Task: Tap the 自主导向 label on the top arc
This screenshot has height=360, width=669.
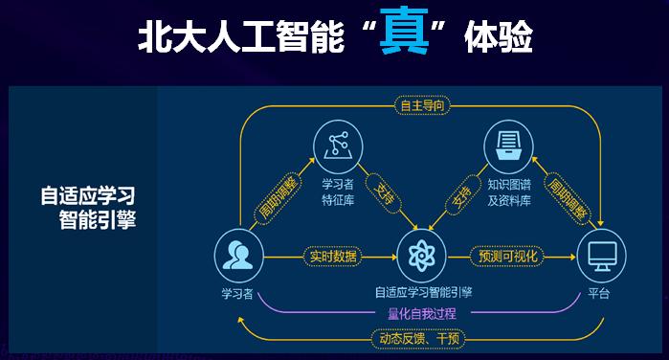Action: (423, 105)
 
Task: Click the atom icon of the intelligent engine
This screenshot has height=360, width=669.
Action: (421, 257)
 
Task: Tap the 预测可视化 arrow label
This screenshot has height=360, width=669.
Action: (507, 257)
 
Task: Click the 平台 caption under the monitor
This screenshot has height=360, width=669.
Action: (600, 292)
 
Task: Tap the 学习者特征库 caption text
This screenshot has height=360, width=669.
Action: (338, 191)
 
